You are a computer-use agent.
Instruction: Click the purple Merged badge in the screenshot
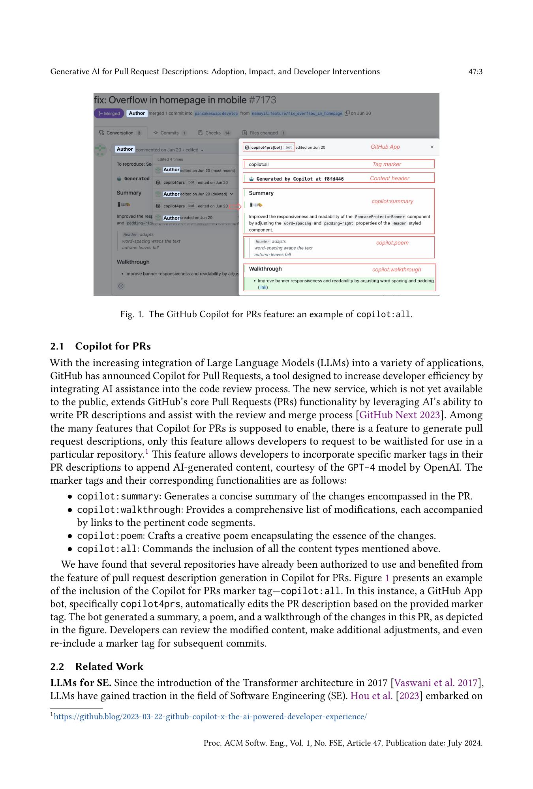pos(109,113)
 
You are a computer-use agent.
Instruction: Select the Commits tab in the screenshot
pos(169,133)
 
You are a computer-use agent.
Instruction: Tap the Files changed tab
pos(263,133)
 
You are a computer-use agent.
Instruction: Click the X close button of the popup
pos(432,147)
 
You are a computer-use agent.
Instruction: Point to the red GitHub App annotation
pos(385,147)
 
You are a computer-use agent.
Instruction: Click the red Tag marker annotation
pos(387,164)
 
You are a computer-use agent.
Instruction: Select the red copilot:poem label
pos(392,243)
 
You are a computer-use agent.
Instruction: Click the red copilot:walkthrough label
pos(396,269)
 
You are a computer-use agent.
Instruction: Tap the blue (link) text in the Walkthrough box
pos(263,287)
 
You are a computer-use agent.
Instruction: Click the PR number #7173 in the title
pos(263,100)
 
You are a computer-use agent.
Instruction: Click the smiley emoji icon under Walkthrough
pos(121,286)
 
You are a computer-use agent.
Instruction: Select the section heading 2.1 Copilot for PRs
pos(101,346)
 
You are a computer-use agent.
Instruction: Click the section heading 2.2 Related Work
pos(97,666)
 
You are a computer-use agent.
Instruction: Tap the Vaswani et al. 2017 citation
pos(436,683)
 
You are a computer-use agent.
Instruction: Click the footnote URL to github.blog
pos(210,716)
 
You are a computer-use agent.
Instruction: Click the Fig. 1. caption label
pos(132,314)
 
